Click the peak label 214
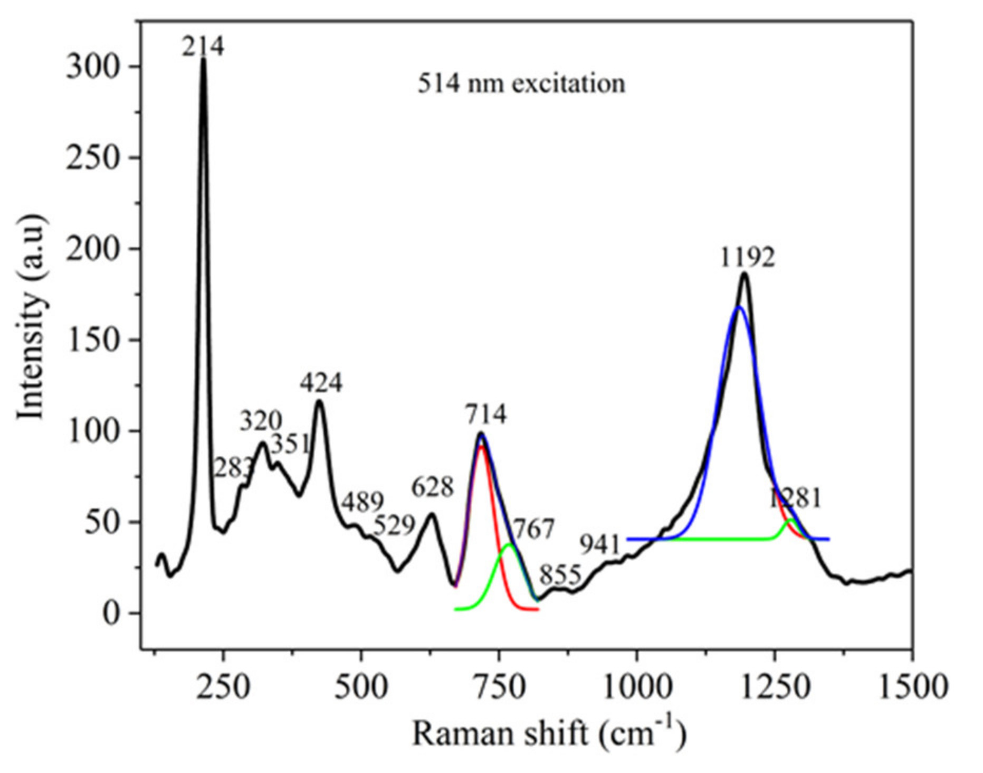[x=203, y=46]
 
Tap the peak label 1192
[x=748, y=258]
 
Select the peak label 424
[x=321, y=382]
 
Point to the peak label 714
[x=485, y=414]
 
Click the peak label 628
[x=432, y=487]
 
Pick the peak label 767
[x=533, y=529]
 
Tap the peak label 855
[x=560, y=575]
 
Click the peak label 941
[x=600, y=544]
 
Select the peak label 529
[x=394, y=525]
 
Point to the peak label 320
[x=261, y=421]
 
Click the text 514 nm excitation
[x=521, y=83]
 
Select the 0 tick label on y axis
[x=112, y=614]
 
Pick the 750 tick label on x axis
[x=499, y=687]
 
